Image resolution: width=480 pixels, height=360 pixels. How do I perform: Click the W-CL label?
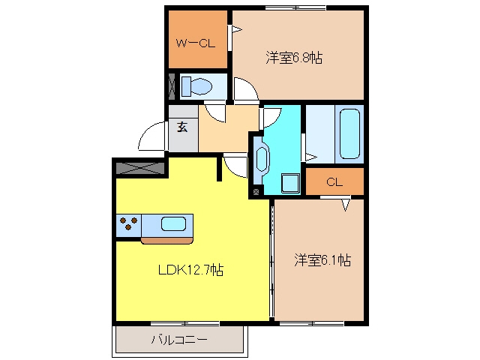coord(195,43)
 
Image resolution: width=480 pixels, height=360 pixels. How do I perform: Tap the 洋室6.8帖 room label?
coord(294,58)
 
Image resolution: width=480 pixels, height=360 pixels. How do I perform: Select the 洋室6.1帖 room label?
coord(322,260)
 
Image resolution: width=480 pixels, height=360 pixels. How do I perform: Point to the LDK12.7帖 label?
coord(190,270)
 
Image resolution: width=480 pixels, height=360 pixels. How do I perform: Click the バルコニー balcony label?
coord(179,340)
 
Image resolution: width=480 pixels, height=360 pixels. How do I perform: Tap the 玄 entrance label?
coord(182,127)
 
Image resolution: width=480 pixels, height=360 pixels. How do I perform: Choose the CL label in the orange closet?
coord(334,182)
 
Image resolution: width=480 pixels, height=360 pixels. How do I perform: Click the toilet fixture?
coord(196,86)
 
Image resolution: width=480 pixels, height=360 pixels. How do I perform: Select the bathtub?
coord(349,133)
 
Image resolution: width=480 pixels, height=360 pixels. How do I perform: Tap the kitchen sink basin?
coord(173,224)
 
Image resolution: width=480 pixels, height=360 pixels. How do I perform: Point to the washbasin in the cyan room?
coord(262,160)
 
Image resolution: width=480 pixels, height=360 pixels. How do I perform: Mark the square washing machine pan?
coord(290,183)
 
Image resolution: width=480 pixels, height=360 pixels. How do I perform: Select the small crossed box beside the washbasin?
coord(256,192)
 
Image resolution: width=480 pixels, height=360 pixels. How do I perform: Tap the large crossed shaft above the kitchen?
coord(141,168)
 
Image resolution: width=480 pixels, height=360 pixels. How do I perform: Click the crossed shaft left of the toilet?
coord(172,86)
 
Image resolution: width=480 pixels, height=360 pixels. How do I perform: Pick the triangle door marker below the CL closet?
coord(346,205)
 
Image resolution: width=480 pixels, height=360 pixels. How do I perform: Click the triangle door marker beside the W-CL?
coord(236,30)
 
